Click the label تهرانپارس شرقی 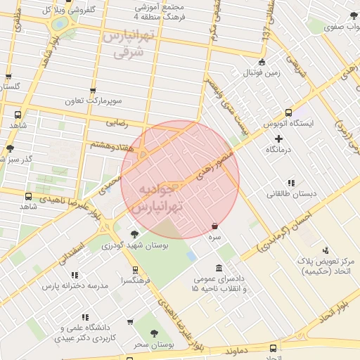128,44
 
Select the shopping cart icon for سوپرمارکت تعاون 93,91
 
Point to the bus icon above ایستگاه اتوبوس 288,112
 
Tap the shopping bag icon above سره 214,226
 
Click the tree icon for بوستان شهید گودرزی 134,234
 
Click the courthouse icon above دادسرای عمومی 219,268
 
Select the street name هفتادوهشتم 109,144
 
